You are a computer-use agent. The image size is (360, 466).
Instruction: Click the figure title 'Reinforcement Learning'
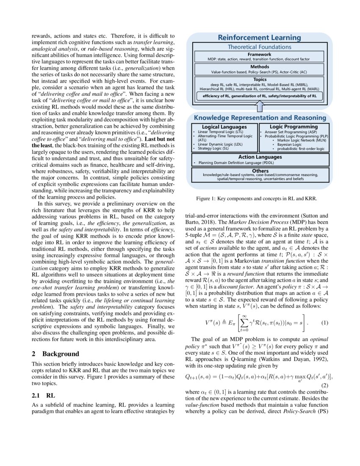pyautogui.click(x=259, y=38)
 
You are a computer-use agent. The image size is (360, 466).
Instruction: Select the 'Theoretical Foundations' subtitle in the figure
pyautogui.click(x=259, y=47)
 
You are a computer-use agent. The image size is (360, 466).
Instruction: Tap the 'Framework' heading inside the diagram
pyautogui.click(x=259, y=54)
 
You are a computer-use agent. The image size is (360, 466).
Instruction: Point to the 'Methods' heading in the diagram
pyautogui.click(x=259, y=67)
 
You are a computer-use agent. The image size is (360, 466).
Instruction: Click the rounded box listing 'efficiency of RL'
pyautogui.click(x=259, y=97)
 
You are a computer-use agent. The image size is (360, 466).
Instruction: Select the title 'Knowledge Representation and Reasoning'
pyautogui.click(x=259, y=118)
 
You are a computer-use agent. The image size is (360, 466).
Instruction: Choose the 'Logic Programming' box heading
pyautogui.click(x=294, y=126)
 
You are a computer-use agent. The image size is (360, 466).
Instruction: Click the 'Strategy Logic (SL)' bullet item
pyautogui.click(x=214, y=149)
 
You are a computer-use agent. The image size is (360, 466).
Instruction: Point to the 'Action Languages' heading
pyautogui.click(x=259, y=157)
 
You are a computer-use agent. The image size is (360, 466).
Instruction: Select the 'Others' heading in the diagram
pyautogui.click(x=259, y=171)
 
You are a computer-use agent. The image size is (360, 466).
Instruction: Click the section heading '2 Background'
pyautogui.click(x=55, y=353)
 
